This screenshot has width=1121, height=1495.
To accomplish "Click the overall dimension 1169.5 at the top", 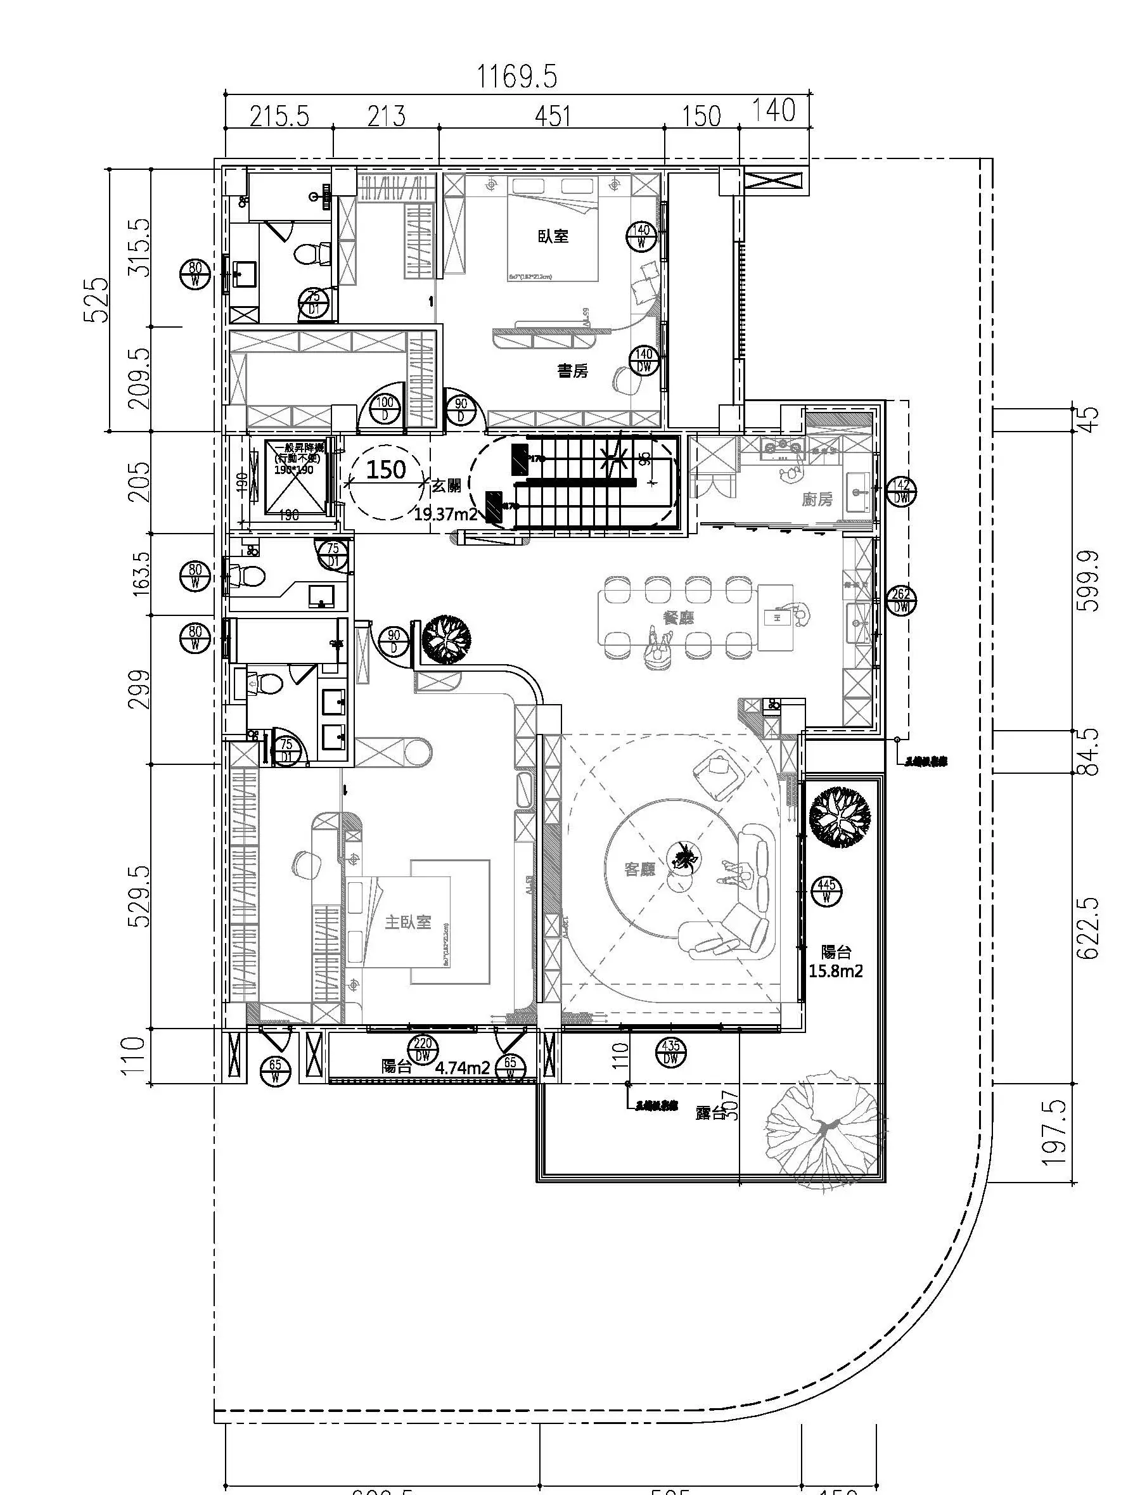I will (518, 77).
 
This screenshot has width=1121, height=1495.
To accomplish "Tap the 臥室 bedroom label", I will (553, 236).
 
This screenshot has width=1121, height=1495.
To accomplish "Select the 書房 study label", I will (572, 370).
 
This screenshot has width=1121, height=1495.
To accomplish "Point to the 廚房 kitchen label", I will (817, 499).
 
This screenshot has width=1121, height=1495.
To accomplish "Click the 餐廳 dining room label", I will (679, 617).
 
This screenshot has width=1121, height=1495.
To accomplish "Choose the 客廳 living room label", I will (639, 869).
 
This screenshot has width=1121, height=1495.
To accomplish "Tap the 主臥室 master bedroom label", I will (407, 922).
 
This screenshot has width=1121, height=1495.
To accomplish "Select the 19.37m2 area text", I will (446, 515).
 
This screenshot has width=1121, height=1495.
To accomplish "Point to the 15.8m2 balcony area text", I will (836, 972).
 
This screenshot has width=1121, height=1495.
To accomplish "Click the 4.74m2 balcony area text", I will (463, 1068).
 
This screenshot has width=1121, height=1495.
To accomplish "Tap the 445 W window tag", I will (826, 892).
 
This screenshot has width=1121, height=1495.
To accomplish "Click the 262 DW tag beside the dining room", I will (901, 600).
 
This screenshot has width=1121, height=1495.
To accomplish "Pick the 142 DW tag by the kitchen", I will (901, 491).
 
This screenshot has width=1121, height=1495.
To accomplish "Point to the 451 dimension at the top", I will (553, 116).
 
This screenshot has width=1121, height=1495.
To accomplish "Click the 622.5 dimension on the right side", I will (1089, 928).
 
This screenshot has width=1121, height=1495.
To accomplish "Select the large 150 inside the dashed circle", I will (386, 469).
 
